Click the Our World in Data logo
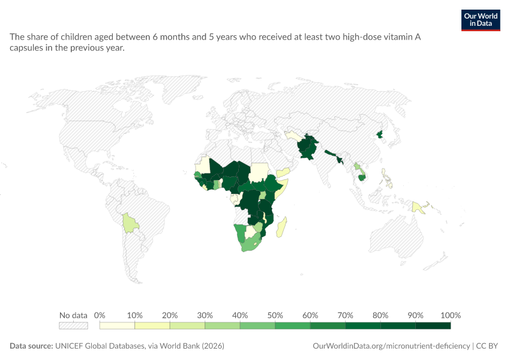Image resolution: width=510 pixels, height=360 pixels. click(x=481, y=20)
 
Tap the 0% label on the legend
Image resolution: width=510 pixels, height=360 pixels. click(x=100, y=315)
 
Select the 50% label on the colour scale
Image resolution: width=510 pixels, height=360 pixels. click(x=275, y=315)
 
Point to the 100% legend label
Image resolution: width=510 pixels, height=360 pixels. click(x=451, y=315)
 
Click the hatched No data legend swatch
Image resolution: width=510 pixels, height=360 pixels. click(x=73, y=326)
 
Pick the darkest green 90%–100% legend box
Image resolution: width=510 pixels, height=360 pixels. click(x=433, y=326)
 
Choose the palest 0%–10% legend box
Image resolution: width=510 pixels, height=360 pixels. click(x=117, y=326)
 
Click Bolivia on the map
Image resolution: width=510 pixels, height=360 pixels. click(x=130, y=223)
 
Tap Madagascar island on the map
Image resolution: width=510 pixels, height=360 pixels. click(x=281, y=227)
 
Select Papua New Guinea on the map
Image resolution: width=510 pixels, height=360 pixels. click(x=418, y=208)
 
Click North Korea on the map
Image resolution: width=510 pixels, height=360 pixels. click(x=379, y=134)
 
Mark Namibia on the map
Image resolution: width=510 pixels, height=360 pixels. click(x=240, y=233)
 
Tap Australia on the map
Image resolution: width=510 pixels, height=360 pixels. click(x=397, y=234)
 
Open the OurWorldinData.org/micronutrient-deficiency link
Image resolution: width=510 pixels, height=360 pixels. click(x=391, y=346)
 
